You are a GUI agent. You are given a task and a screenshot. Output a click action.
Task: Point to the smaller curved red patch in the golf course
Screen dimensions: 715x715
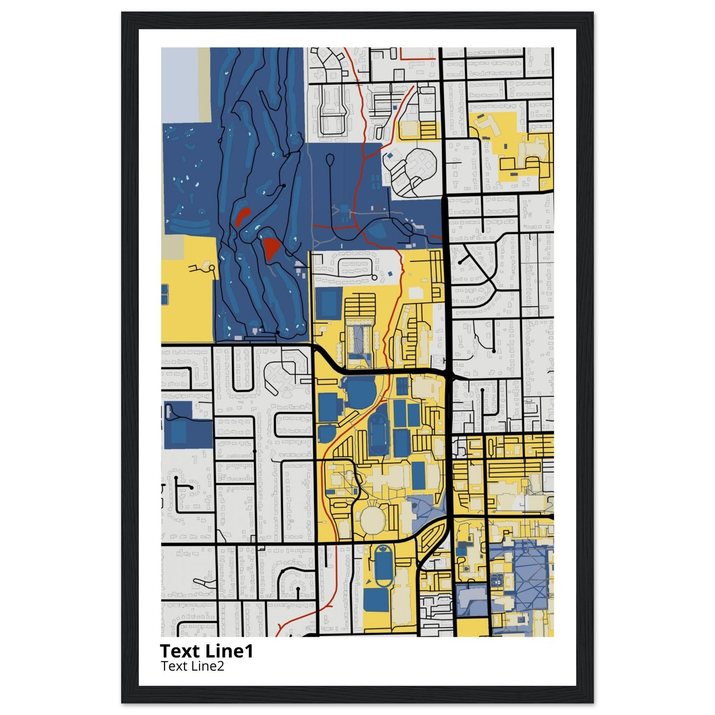click(x=243, y=216)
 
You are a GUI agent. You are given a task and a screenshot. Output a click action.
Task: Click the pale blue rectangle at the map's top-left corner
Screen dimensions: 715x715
click(x=179, y=83)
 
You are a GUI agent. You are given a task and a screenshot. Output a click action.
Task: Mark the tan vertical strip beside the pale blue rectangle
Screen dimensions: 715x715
click(x=204, y=83)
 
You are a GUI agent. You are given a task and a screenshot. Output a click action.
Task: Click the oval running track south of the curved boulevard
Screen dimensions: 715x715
click(x=383, y=572)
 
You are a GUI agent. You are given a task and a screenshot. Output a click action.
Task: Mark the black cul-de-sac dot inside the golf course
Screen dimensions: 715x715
click(x=283, y=185)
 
